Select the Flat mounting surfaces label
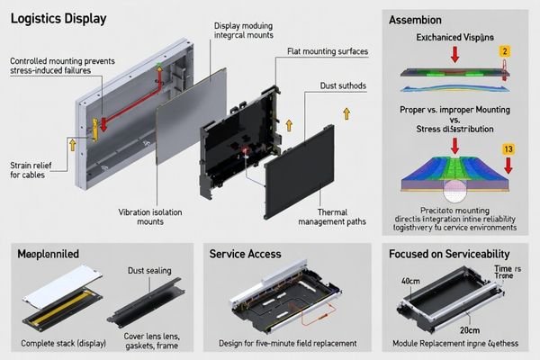tap(328, 51)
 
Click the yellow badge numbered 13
tap(508, 148)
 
